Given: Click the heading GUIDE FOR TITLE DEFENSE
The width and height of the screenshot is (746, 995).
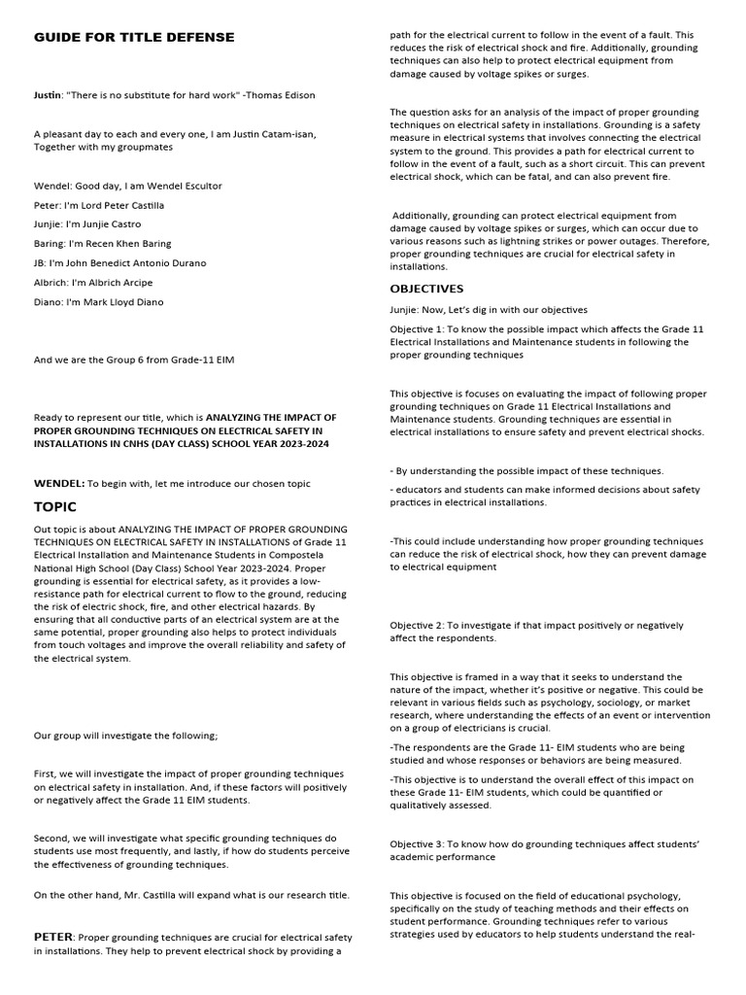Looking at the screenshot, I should click(134, 37).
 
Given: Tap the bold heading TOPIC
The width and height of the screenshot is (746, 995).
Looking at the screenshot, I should click(55, 507).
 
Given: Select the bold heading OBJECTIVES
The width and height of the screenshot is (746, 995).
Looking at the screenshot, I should click(426, 289).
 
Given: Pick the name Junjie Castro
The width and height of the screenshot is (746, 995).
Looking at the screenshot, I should click(113, 224).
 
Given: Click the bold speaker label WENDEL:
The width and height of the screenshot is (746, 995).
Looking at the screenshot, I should click(59, 483).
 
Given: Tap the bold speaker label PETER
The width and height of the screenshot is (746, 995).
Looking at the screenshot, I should click(53, 937).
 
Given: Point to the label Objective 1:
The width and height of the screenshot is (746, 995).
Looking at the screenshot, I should click(421, 329).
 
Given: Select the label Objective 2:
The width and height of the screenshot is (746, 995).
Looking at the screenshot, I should click(421, 625).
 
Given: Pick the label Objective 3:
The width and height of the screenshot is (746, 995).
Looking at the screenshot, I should click(421, 843).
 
